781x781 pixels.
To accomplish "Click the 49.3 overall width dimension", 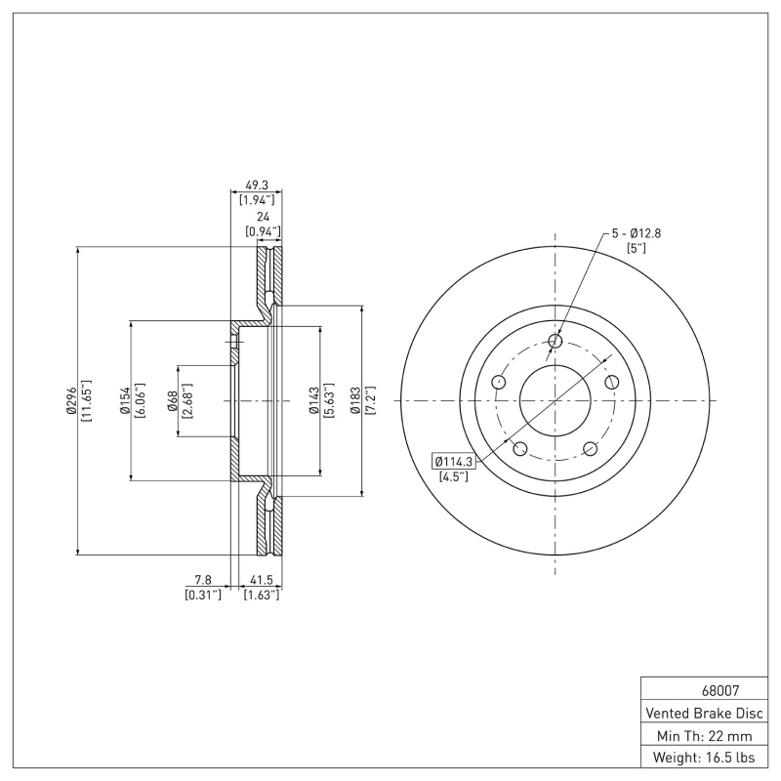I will (x=258, y=184).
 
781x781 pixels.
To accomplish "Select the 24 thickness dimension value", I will (x=262, y=217).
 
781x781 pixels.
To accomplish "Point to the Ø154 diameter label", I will (x=125, y=401).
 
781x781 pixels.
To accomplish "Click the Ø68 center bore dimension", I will (x=172, y=401).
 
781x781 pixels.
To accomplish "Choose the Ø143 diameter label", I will (x=313, y=401).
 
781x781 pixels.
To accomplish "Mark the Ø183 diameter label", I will (x=356, y=401).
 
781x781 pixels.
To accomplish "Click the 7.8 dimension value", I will (x=203, y=580).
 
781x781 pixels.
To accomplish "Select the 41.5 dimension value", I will (x=261, y=580).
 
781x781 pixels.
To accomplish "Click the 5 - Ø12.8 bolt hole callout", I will (x=637, y=233).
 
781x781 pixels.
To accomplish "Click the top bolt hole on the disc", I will (x=555, y=341).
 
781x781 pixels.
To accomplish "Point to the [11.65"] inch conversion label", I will (x=86, y=401).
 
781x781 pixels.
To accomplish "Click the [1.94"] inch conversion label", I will (x=258, y=198).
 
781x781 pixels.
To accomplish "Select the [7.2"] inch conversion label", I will (x=371, y=401).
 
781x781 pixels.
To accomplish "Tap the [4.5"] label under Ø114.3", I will (x=452, y=476).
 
